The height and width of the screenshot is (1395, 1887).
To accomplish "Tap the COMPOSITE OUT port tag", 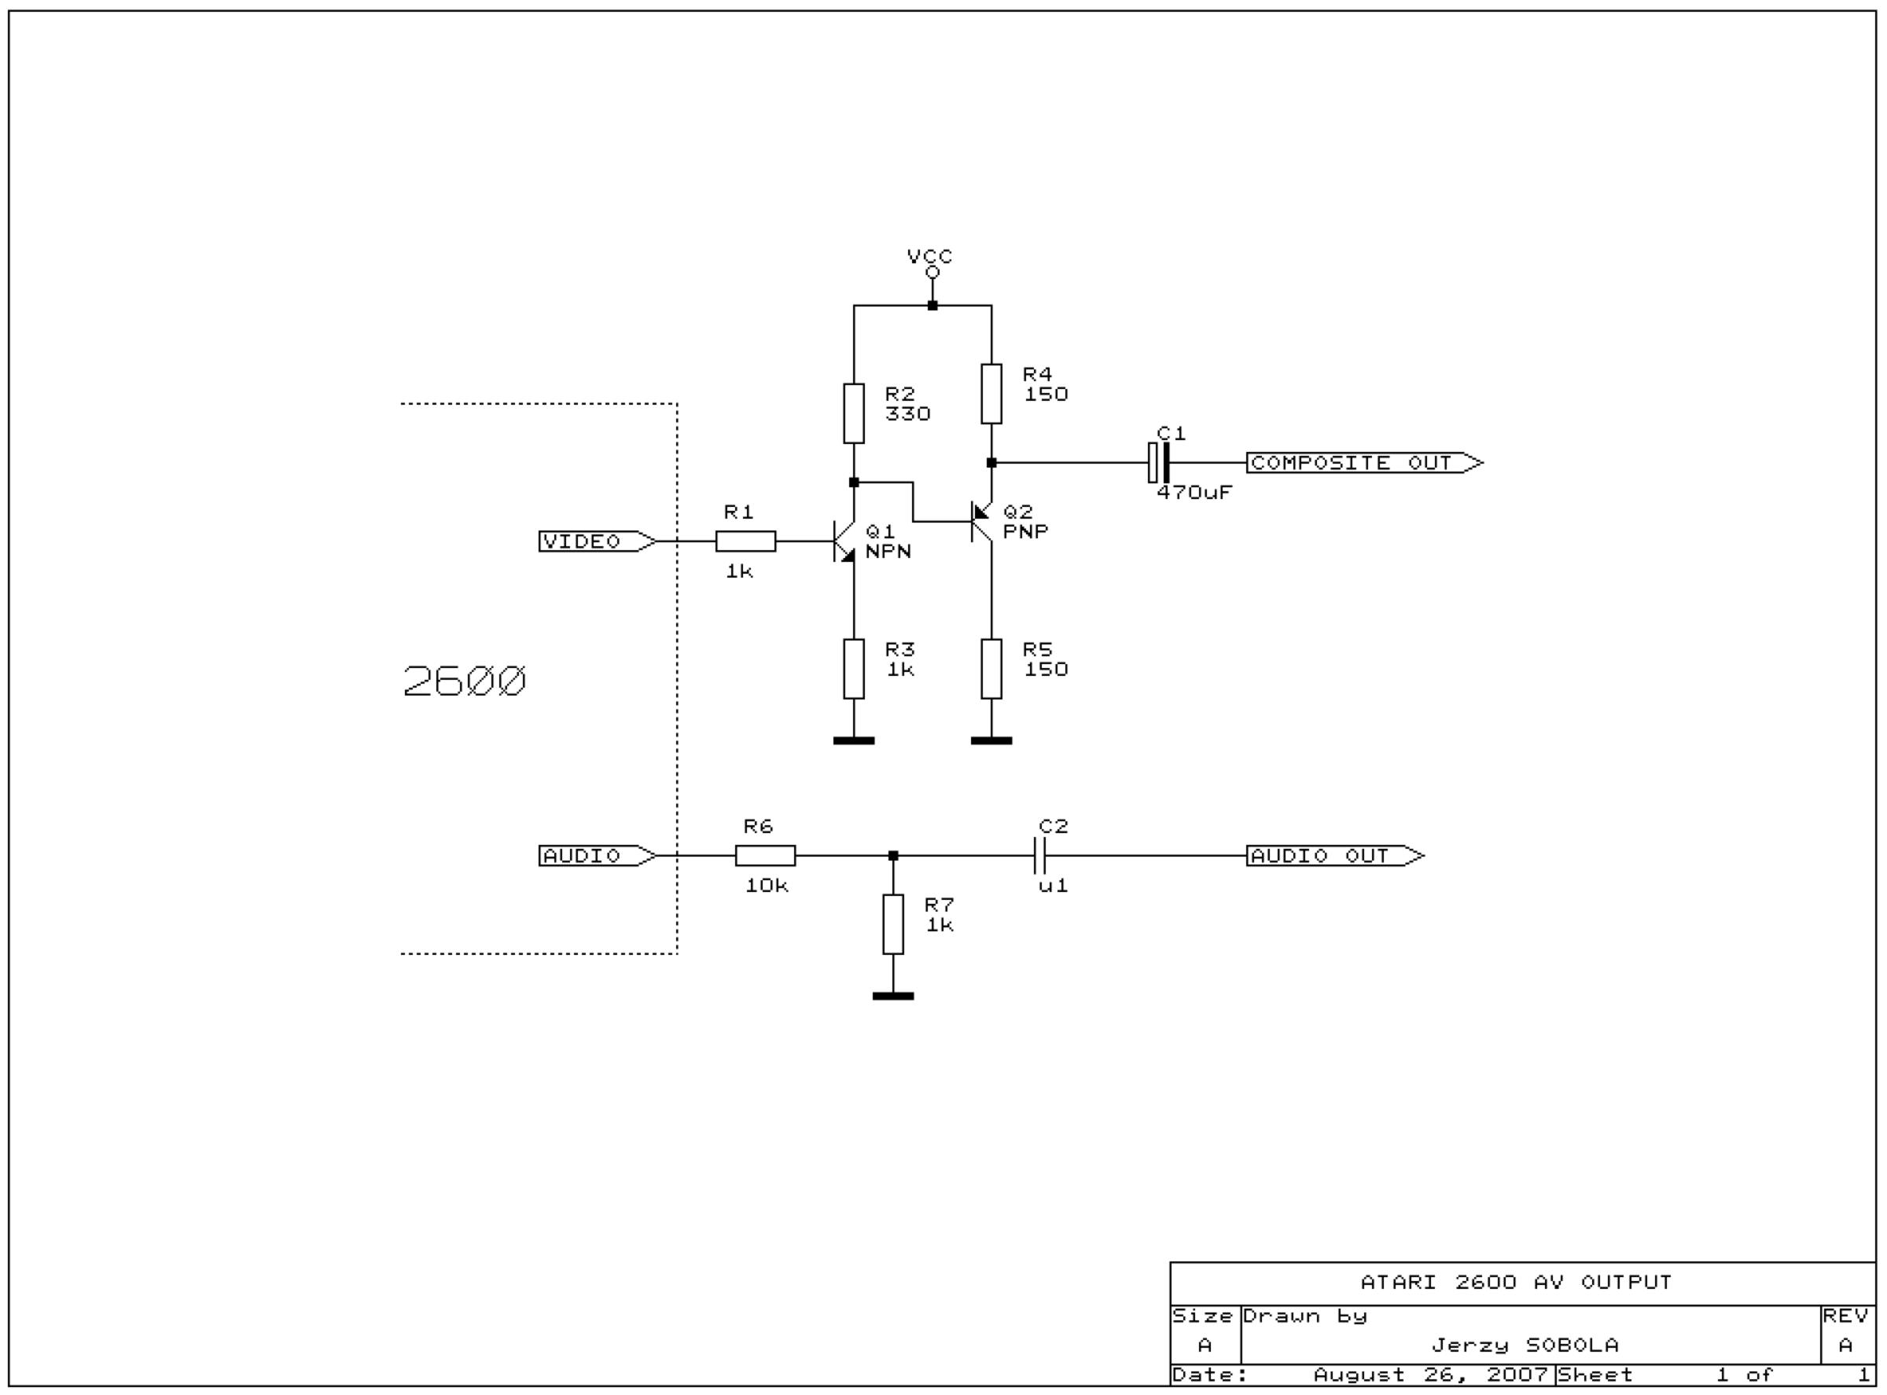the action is pyautogui.click(x=1364, y=463).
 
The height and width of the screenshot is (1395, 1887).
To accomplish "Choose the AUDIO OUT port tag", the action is pyautogui.click(x=1334, y=855).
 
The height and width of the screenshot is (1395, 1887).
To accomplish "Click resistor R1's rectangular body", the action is pyautogui.click(x=746, y=541).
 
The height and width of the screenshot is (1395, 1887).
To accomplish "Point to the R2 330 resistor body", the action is pyautogui.click(x=854, y=413).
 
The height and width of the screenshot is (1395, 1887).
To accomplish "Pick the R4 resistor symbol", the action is pyautogui.click(x=991, y=394).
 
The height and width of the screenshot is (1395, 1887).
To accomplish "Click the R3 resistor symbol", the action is pyautogui.click(x=854, y=669).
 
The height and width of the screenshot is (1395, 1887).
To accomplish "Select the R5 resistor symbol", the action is pyautogui.click(x=991, y=669).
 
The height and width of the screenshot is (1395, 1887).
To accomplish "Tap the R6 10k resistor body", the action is pyautogui.click(x=765, y=855).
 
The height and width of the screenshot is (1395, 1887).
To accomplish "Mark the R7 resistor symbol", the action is pyautogui.click(x=893, y=925).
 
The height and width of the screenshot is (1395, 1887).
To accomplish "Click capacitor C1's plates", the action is pyautogui.click(x=1158, y=463).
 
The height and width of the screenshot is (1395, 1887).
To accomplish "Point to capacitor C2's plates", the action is pyautogui.click(x=1041, y=855).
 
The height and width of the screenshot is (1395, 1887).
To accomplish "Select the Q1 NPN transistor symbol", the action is pyautogui.click(x=844, y=541).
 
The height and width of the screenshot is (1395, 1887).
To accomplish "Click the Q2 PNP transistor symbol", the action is pyautogui.click(x=980, y=522).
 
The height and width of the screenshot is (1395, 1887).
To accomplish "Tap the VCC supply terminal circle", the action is pyautogui.click(x=932, y=272).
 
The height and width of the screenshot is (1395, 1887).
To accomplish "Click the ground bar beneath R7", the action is pyautogui.click(x=893, y=997).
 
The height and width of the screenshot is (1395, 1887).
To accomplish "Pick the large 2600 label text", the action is pyautogui.click(x=465, y=681).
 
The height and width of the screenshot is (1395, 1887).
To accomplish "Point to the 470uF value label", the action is pyautogui.click(x=1194, y=492).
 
